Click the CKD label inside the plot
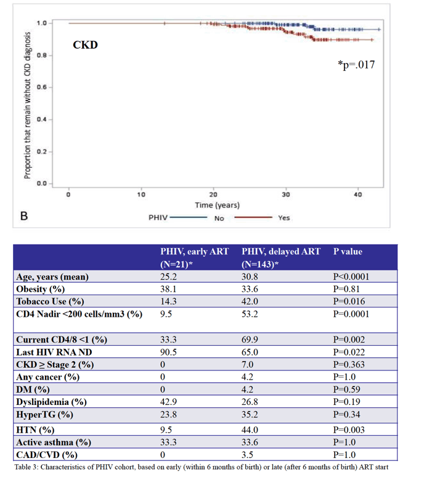(x=85, y=45)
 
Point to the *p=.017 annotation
(x=356, y=65)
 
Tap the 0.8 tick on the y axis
(x=42, y=56)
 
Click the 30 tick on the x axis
(x=286, y=194)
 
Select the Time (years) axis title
(x=217, y=205)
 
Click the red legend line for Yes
(x=253, y=217)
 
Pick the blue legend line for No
(x=189, y=217)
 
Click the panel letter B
(x=24, y=216)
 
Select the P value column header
(x=348, y=252)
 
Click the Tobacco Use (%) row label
(x=50, y=301)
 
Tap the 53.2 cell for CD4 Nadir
(x=250, y=314)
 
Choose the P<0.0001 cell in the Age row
(x=351, y=277)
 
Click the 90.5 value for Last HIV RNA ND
(x=168, y=352)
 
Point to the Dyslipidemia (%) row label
(x=52, y=403)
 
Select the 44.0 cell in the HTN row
(x=250, y=430)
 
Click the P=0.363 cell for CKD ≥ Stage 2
(x=349, y=364)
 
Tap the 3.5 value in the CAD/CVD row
(x=248, y=455)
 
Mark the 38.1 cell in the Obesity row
(x=168, y=289)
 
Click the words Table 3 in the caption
(x=26, y=467)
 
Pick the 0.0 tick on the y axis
(x=42, y=184)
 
